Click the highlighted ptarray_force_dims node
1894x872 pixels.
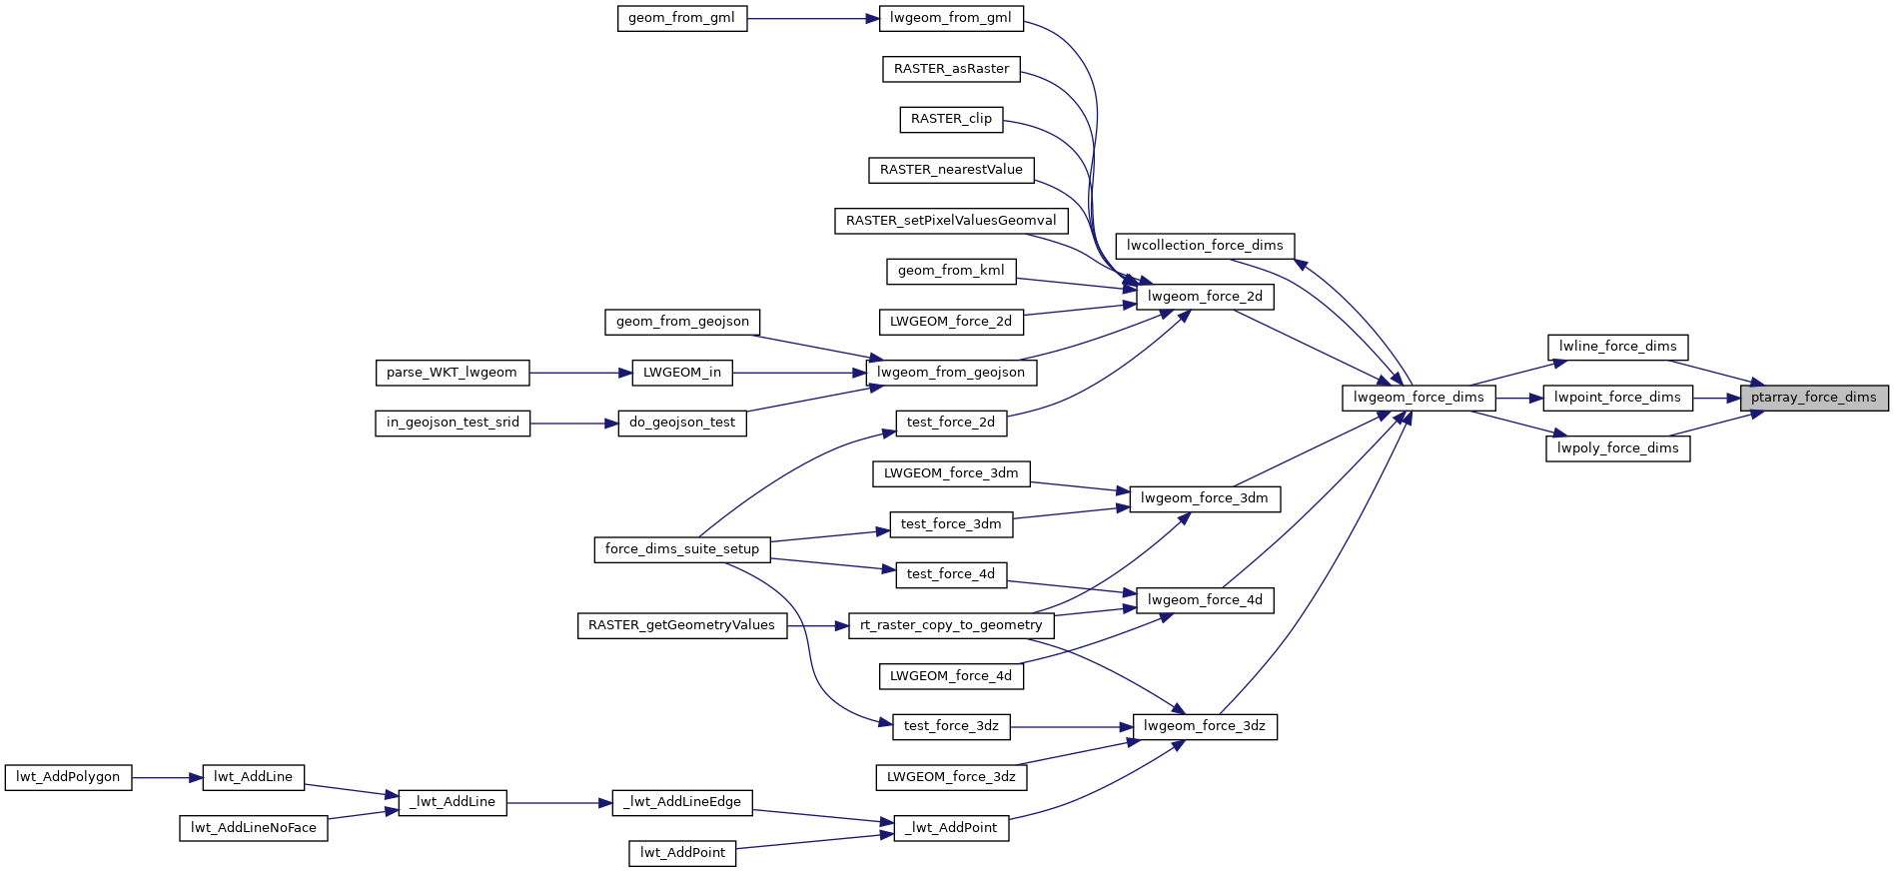coord(1813,398)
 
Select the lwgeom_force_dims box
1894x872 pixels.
coord(1419,398)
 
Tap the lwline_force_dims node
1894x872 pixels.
coord(1617,347)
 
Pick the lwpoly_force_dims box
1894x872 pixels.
coord(1617,448)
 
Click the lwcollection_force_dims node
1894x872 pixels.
coord(1205,246)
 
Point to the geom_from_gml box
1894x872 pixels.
coord(682,18)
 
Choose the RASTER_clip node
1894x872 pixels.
coord(951,119)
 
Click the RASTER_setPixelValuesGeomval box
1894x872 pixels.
coord(951,221)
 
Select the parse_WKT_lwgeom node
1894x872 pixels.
coord(452,373)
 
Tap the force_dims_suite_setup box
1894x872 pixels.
coord(682,549)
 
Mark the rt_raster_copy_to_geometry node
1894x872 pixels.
coord(951,625)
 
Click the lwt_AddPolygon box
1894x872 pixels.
coord(68,777)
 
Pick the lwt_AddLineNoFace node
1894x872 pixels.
coord(254,828)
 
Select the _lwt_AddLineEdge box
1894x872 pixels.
coord(682,802)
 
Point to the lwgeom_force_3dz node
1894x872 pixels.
coord(1205,726)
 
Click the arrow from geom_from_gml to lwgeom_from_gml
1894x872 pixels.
coord(813,18)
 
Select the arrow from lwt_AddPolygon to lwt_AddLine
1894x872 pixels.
coord(167,777)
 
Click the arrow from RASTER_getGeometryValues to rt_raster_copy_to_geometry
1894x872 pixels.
coord(817,625)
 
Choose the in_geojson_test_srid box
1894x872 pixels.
coord(453,423)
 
